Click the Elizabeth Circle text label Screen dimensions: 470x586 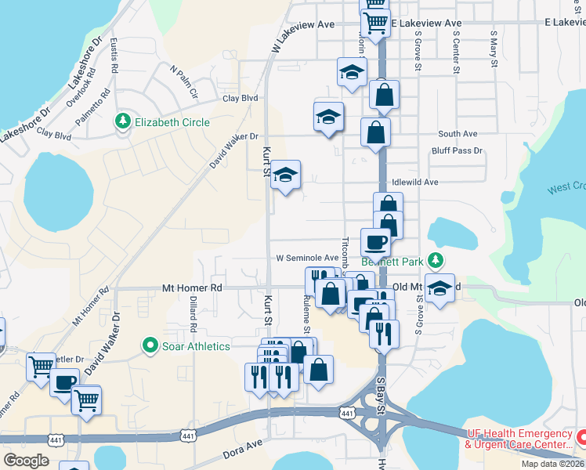[x=172, y=122]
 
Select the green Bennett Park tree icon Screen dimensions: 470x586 [x=440, y=261]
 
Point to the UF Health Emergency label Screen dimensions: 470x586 [x=518, y=434]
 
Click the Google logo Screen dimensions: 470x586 [x=27, y=460]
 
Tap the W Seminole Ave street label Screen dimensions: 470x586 [x=307, y=258]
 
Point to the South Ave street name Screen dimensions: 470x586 [x=458, y=134]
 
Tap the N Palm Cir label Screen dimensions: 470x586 [x=183, y=80]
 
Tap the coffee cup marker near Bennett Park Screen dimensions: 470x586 [x=374, y=242]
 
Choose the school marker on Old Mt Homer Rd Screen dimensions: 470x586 [x=439, y=289]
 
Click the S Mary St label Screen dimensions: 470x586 [x=494, y=49]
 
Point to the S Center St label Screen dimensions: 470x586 [x=454, y=52]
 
